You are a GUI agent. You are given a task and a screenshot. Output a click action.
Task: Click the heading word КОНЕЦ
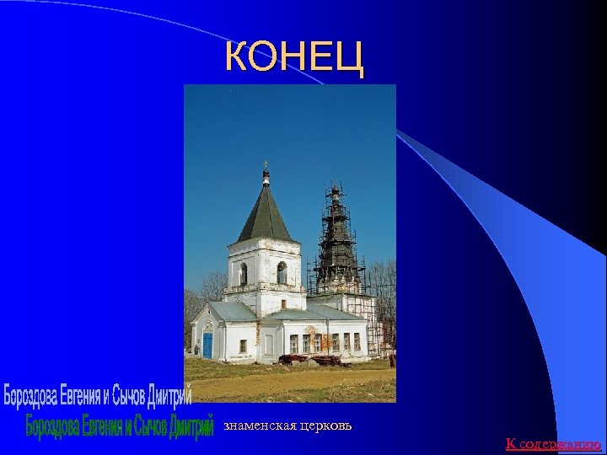click(x=294, y=56)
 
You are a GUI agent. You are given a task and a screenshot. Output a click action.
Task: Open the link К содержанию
click(x=553, y=443)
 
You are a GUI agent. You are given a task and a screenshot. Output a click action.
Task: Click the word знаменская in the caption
click(x=260, y=426)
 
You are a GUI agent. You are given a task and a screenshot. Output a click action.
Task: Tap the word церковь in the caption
click(x=325, y=426)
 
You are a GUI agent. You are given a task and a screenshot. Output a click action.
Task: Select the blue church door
click(x=207, y=345)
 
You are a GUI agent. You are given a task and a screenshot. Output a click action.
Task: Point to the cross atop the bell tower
click(x=266, y=164)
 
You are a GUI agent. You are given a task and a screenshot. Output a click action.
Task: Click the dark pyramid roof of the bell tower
click(x=265, y=215)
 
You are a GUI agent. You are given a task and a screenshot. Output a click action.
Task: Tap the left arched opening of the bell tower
click(x=244, y=274)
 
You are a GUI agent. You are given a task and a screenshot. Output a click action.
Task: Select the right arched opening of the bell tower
click(x=282, y=273)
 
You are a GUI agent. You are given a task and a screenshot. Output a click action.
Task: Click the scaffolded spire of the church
click(x=336, y=232)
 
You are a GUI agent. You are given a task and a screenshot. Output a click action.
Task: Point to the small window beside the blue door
click(x=243, y=345)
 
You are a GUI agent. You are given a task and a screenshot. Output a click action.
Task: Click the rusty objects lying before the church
click(x=309, y=359)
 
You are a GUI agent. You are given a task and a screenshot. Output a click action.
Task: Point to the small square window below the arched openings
click(x=283, y=303)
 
